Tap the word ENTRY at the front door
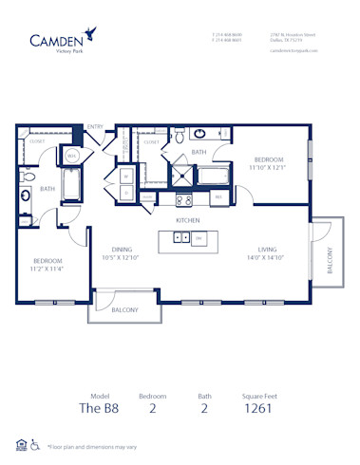[95, 127]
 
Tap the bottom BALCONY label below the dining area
[123, 309]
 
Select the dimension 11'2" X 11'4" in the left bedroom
[47, 268]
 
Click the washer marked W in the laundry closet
[126, 175]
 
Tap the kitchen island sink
[180, 238]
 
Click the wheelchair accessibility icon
[35, 443]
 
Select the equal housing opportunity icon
[21, 443]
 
